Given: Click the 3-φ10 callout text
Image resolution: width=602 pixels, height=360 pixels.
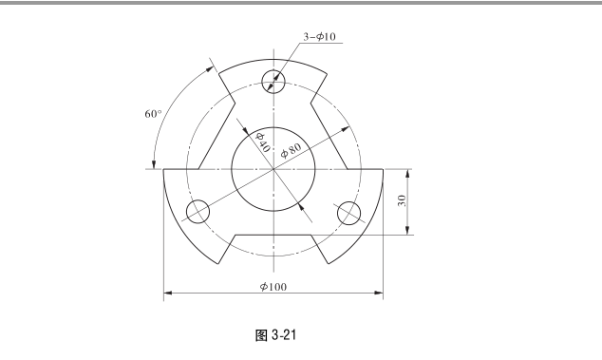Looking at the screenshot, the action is click(x=319, y=37).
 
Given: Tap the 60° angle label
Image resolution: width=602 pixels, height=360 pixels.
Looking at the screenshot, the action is click(x=153, y=114).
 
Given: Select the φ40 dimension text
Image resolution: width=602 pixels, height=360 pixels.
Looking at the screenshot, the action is click(x=263, y=142).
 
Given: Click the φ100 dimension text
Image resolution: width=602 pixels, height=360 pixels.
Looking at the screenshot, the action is click(x=273, y=287).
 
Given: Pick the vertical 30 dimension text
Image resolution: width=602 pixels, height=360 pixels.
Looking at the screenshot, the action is click(x=402, y=200).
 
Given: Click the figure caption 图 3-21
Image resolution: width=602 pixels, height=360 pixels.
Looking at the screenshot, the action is click(x=275, y=335).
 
